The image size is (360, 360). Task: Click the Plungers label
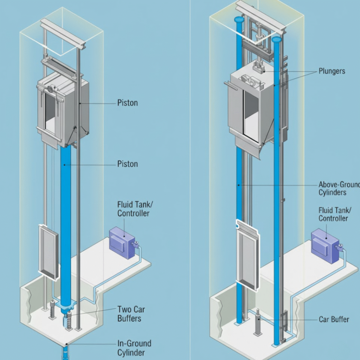332,71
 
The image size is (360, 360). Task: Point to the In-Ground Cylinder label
134,348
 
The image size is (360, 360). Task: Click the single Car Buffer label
334,319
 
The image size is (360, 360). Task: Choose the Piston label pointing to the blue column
127,164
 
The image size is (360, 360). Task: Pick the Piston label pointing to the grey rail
127,103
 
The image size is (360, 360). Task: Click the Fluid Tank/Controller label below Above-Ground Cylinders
334,214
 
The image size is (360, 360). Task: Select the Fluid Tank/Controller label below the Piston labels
133,209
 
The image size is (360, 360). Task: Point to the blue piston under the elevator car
65,211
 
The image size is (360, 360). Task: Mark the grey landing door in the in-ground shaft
49,252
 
